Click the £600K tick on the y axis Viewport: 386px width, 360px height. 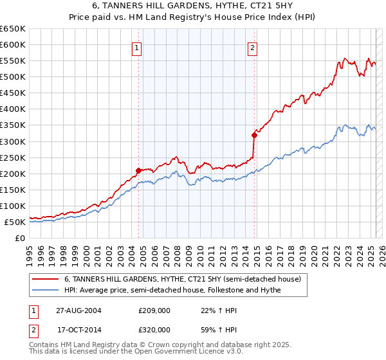(13, 44)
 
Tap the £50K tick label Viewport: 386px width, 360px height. (15, 222)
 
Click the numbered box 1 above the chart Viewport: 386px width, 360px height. (138, 47)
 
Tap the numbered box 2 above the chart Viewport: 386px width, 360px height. (253, 47)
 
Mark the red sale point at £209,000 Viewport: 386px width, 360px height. (138, 170)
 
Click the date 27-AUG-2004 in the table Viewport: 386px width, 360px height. (79, 310)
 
